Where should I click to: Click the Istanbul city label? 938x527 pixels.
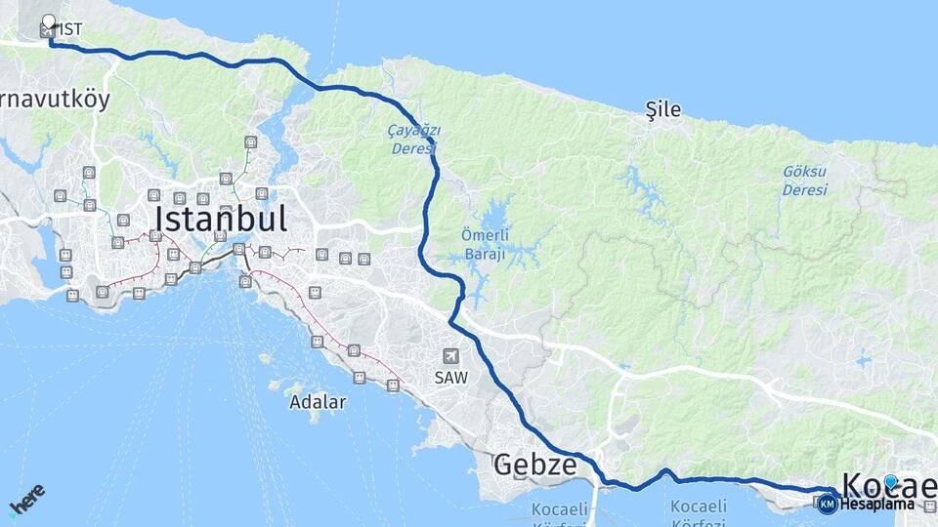[221, 218]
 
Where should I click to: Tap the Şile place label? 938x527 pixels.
[663, 109]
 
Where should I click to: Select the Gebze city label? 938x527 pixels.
[534, 464]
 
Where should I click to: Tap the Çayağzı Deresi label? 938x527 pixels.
[414, 139]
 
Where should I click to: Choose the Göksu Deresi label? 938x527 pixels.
[804, 180]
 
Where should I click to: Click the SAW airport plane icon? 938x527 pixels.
[449, 356]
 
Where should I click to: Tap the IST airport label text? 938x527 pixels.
[70, 30]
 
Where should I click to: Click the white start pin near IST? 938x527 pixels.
[50, 20]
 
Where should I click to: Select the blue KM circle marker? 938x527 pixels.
[828, 504]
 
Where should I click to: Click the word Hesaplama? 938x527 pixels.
[875, 505]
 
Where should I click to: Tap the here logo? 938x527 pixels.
[26, 498]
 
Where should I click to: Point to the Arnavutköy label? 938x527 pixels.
[54, 99]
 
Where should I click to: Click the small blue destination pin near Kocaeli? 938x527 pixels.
[890, 481]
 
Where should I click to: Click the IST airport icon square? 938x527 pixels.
[46, 31]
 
